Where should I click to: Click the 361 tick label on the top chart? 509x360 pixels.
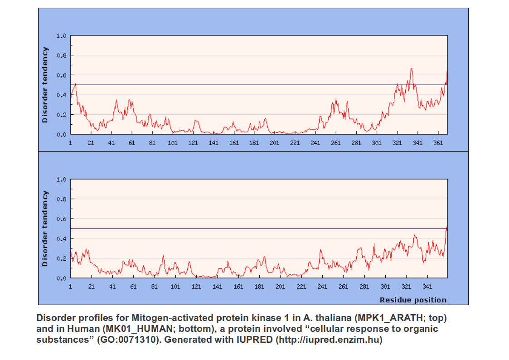coord(438,143)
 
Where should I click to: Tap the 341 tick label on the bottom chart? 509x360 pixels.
coord(427,287)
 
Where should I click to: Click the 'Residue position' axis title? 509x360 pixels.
coord(413,300)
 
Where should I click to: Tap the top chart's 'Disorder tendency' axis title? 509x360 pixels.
coord(44,86)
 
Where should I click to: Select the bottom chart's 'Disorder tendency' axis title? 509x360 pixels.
coord(44,229)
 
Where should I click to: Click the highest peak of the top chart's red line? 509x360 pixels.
coord(412,69)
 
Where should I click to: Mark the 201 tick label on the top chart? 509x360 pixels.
coord(275,143)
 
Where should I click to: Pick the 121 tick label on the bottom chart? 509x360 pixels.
coord(196,287)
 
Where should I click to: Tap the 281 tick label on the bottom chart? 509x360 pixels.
coord(364,287)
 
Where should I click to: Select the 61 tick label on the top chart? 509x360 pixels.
coord(132,143)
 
